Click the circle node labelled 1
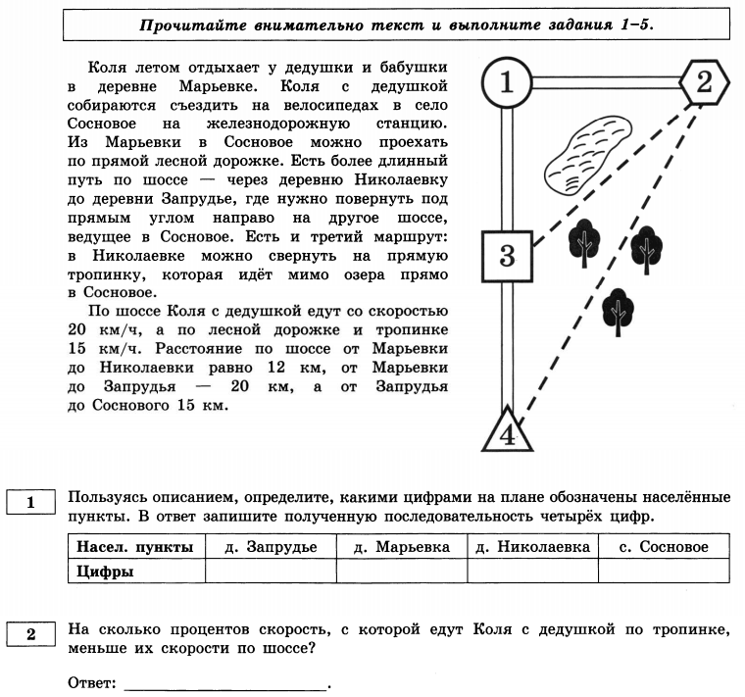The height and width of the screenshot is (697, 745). [506, 83]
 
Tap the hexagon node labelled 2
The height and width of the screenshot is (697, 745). [704, 82]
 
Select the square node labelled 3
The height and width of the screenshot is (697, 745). [507, 257]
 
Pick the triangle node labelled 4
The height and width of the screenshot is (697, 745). [507, 432]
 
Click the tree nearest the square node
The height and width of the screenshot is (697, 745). [584, 242]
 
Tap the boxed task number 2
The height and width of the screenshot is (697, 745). [30, 634]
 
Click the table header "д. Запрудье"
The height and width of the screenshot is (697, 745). [271, 546]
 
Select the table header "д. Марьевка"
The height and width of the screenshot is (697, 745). [401, 546]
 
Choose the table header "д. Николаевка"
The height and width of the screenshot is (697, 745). [532, 546]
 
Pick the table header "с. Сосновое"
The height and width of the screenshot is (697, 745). [664, 546]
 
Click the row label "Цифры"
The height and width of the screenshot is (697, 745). [105, 571]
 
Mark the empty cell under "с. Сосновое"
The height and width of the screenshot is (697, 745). [664, 571]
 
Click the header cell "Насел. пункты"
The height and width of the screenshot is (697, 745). [135, 546]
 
